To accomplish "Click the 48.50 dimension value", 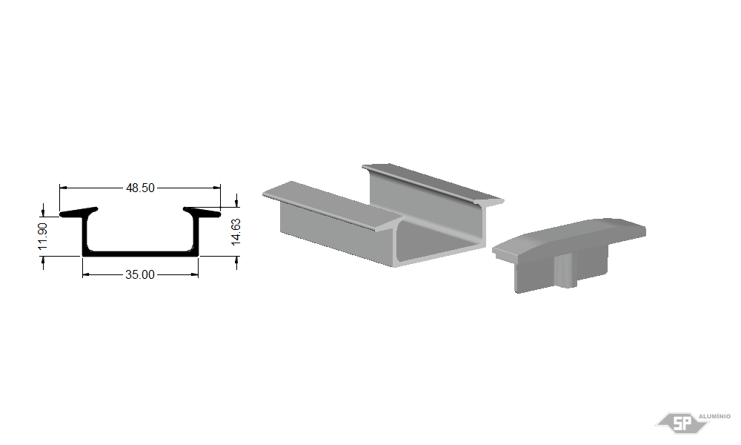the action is click(x=140, y=188).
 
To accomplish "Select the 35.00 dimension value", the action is click(x=140, y=274).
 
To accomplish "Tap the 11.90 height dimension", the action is click(x=42, y=236).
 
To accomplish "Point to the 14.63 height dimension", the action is click(x=236, y=231).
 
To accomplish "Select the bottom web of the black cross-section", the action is click(x=140, y=254).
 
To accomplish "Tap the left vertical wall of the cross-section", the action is click(x=85, y=235).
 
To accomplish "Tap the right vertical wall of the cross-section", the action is click(x=196, y=235).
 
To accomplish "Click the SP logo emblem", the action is click(x=682, y=423).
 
